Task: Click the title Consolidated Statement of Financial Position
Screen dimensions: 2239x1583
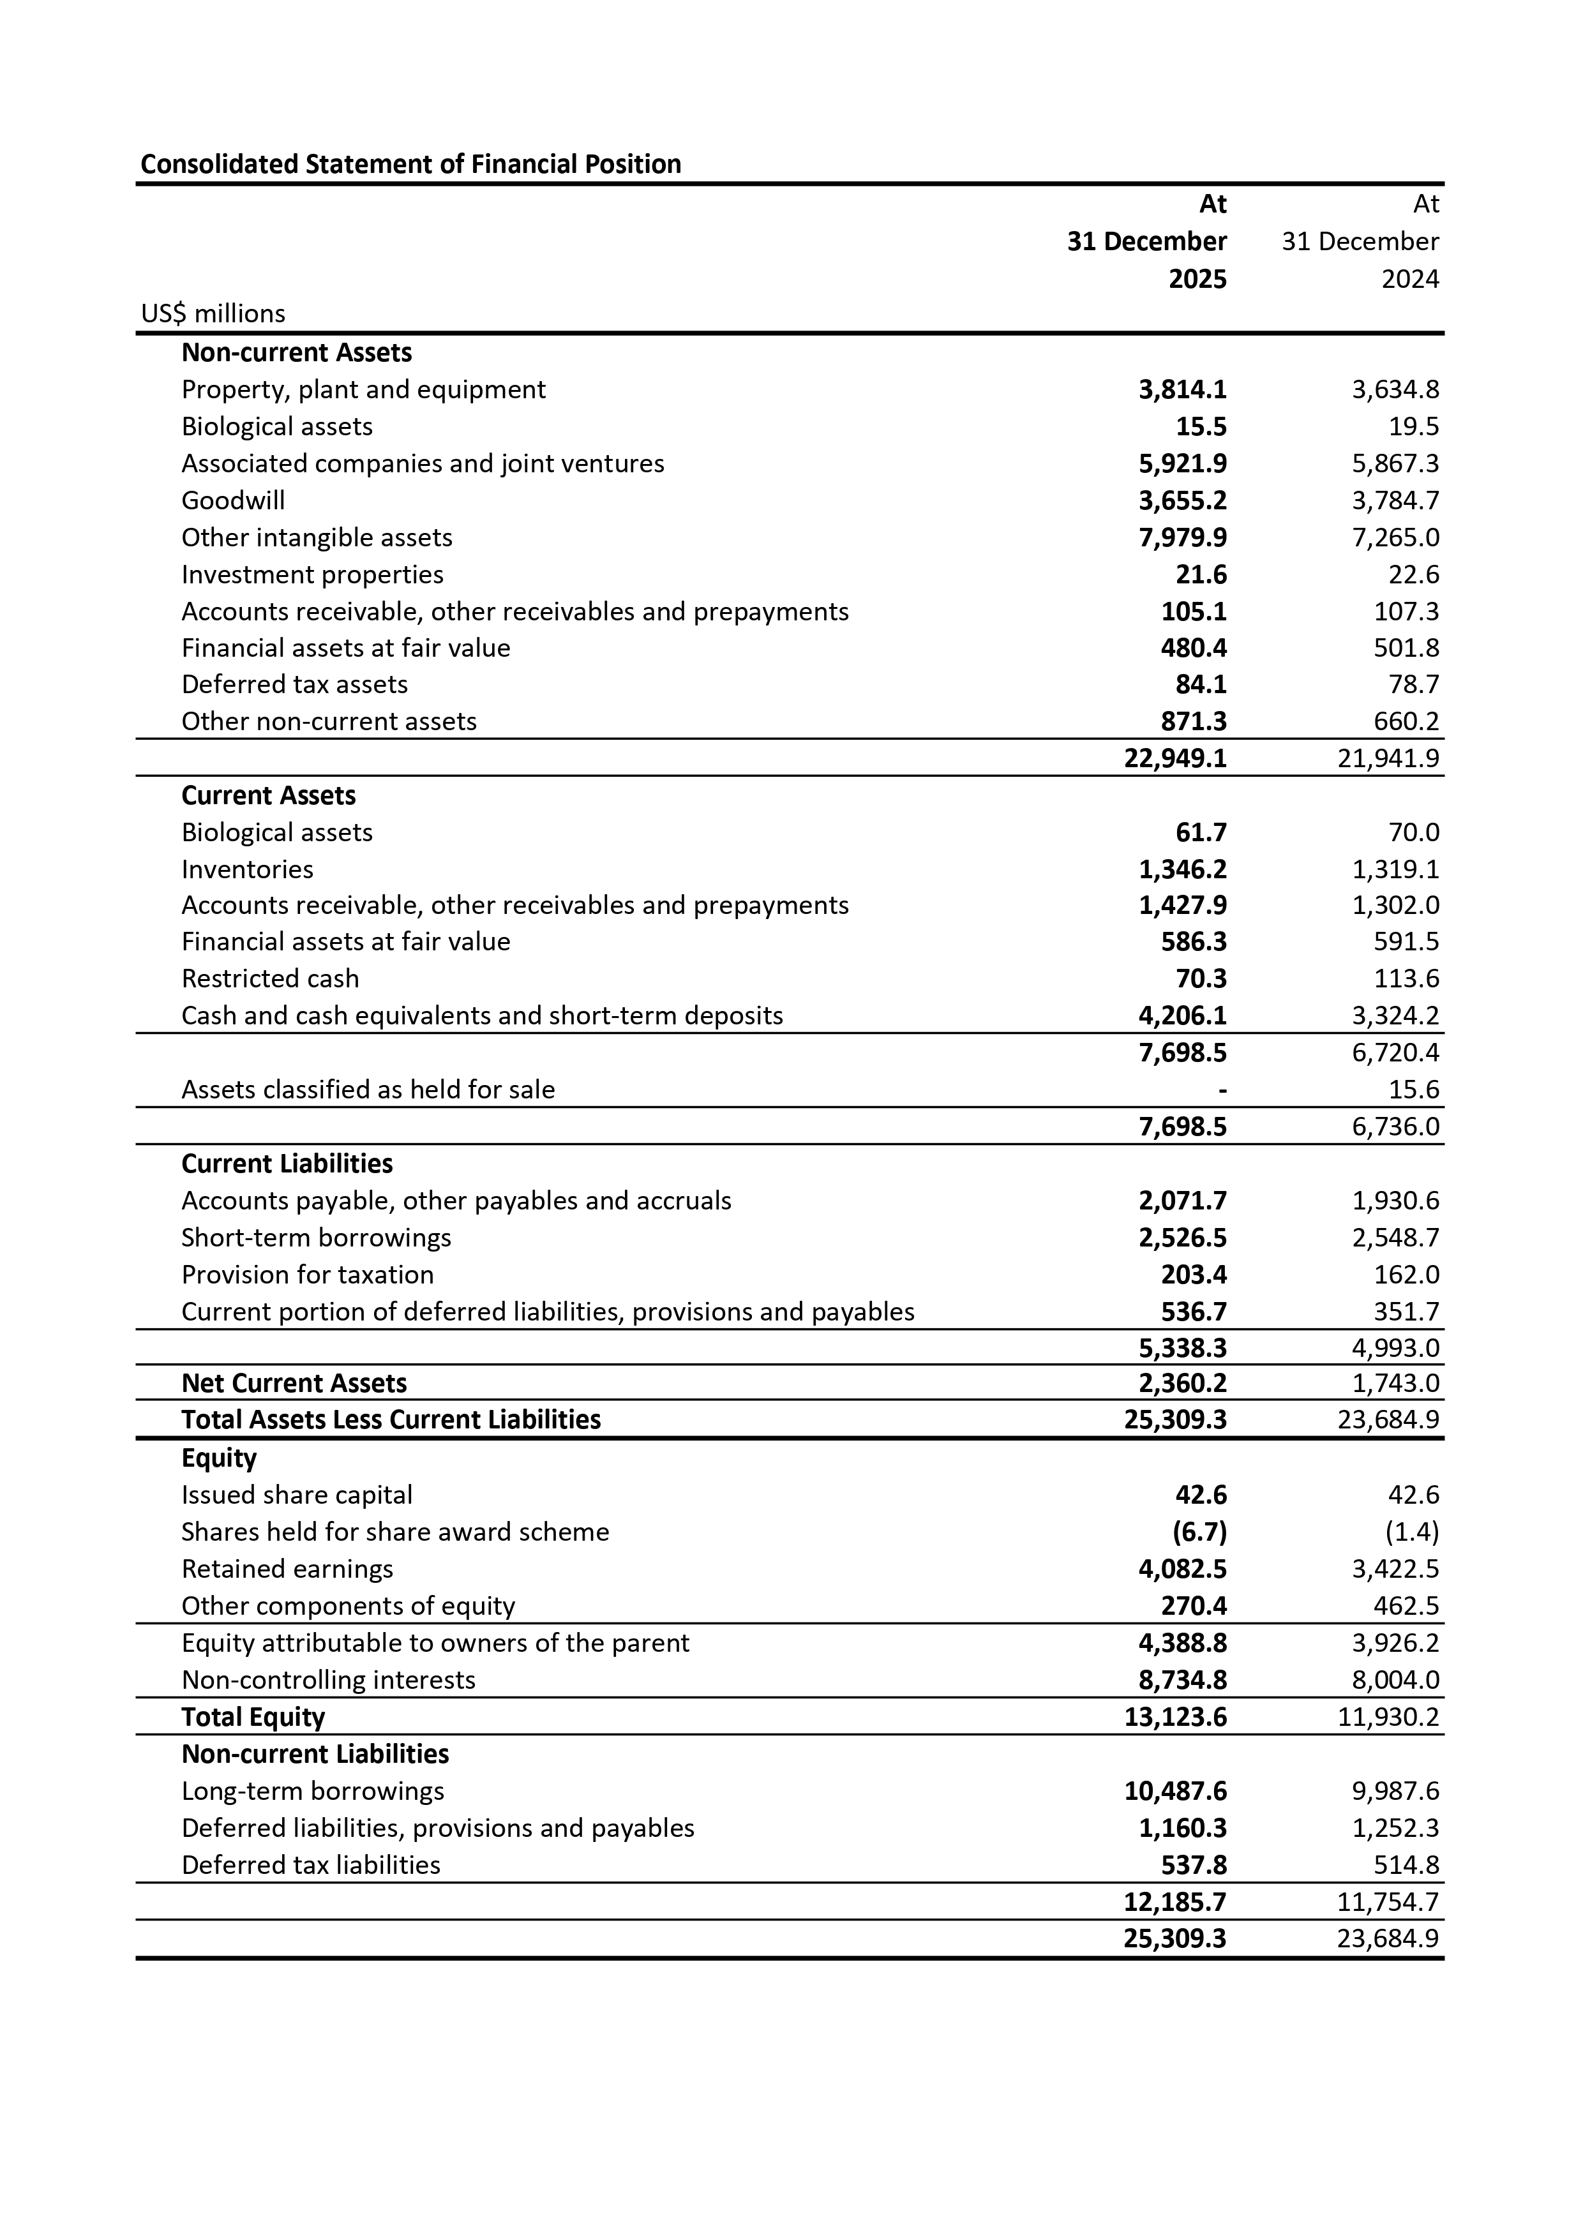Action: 410,164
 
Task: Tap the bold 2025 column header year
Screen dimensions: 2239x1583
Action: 1197,279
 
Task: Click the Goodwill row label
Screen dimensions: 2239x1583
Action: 233,500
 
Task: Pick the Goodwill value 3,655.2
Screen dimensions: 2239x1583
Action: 1182,500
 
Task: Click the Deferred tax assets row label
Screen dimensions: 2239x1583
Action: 294,685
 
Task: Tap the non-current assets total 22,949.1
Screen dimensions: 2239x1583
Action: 1175,759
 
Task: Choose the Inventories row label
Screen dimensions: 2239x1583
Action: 248,869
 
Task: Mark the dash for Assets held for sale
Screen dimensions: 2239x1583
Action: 1222,1090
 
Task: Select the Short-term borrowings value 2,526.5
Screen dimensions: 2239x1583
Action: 1182,1238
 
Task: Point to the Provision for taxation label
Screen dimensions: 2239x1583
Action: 307,1275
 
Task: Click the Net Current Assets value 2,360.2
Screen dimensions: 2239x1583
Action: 1182,1383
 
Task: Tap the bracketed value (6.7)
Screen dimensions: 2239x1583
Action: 1199,1532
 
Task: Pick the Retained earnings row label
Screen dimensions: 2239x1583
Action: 287,1569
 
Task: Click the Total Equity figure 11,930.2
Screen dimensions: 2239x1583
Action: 1388,1718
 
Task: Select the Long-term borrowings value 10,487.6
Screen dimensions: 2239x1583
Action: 1175,1792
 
